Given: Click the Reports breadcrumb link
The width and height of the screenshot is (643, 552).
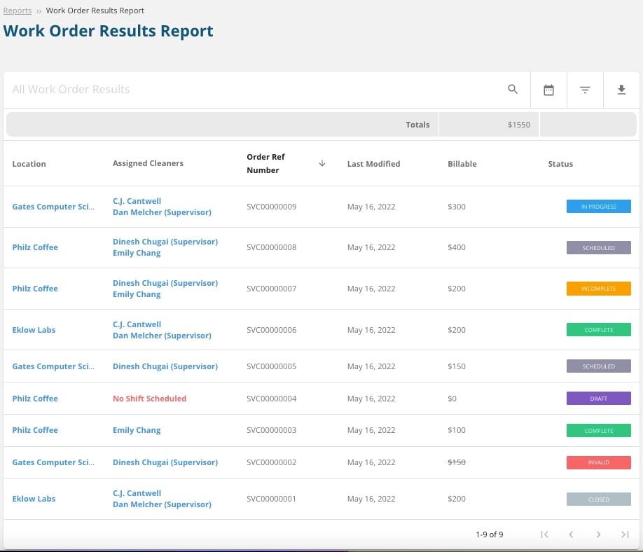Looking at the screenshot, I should pos(18,11).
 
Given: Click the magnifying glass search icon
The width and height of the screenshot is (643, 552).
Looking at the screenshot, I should pos(513,90).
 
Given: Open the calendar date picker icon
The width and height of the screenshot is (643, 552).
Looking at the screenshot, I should pos(548,90).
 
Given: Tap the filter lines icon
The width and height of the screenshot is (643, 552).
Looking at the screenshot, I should pos(585,90).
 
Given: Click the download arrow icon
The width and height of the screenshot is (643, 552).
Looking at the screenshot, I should pos(621,90).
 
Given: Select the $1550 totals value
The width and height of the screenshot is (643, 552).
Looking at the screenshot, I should pos(519,125).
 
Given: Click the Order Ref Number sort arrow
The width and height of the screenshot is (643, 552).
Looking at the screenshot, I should pos(322,163).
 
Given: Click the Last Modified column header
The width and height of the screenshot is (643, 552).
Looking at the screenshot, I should pos(373,164).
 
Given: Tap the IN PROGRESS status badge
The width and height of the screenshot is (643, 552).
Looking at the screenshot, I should pos(598,207).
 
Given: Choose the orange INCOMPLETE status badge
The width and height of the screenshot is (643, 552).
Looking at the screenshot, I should pos(598,289).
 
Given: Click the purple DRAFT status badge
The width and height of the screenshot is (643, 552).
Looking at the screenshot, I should pos(598,399).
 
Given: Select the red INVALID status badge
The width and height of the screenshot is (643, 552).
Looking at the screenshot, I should pos(598,462).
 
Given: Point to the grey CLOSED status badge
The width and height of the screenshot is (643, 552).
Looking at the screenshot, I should pos(598,499).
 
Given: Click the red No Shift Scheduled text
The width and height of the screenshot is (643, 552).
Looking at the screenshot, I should pos(149,399).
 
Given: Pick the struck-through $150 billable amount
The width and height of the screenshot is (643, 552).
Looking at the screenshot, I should pos(457,462).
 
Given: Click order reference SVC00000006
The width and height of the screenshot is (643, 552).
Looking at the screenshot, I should pos(271,330).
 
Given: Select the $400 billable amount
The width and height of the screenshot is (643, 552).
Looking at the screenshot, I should pos(457,247).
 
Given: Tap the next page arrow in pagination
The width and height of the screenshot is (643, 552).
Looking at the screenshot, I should pos(598,534).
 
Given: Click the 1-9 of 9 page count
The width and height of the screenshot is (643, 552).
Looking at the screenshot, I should pos(489,534).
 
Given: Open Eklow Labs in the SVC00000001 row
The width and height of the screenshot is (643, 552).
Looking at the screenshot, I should pos(34,499).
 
